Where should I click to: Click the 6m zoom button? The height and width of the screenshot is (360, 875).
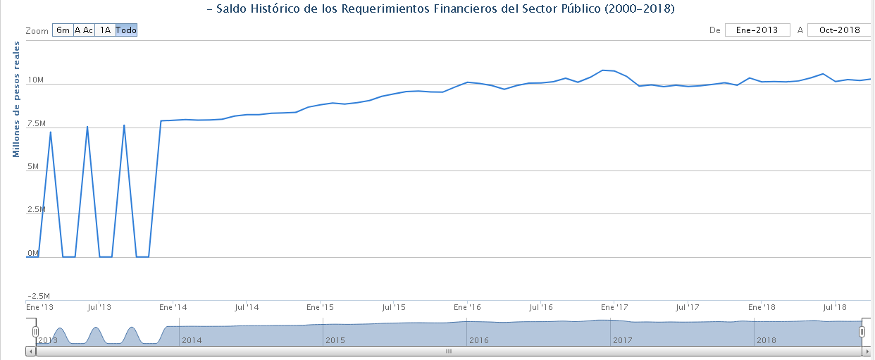(63, 30)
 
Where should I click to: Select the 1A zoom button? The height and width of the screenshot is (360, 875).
(105, 30)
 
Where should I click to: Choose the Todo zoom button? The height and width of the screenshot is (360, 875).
(126, 30)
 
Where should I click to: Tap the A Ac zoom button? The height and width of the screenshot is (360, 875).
(84, 30)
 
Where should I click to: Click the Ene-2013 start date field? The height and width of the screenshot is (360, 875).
(757, 30)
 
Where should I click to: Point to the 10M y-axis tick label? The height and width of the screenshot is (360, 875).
(35, 80)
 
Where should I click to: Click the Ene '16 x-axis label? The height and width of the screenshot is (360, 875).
(467, 308)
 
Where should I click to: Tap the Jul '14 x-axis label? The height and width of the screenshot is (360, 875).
(247, 308)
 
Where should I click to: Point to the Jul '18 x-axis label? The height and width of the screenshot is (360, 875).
(835, 308)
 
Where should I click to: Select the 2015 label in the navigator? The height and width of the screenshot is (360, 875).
(335, 340)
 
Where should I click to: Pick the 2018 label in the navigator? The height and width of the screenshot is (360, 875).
(766, 340)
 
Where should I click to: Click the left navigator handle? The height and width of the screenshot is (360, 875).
(35, 331)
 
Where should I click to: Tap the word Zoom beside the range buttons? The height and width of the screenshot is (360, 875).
(37, 31)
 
